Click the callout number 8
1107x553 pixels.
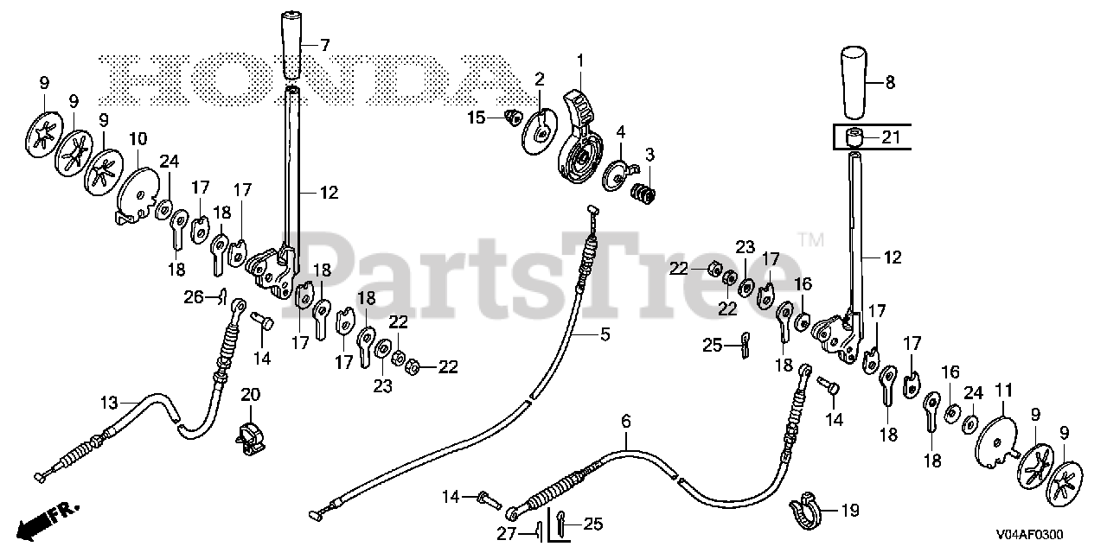point(890,83)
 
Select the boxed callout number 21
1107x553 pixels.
point(891,137)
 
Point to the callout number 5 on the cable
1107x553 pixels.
point(605,334)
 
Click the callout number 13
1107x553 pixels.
point(108,403)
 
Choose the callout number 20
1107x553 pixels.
point(250,394)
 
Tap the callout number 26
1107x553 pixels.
point(192,298)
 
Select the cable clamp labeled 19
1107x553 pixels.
point(804,511)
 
